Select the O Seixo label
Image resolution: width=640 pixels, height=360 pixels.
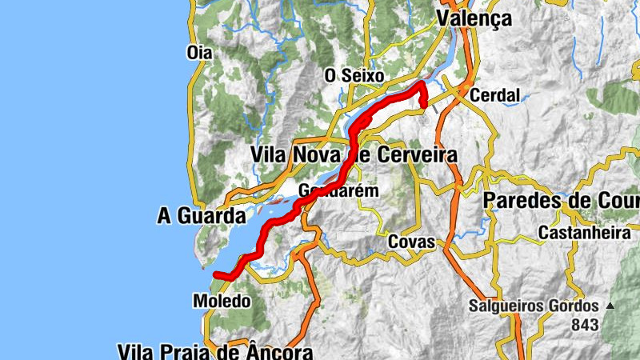click(x=354, y=76)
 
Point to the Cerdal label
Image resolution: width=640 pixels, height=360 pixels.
click(x=495, y=95)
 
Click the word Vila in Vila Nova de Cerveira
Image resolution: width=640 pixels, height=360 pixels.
click(x=270, y=154)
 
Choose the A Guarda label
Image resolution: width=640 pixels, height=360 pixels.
click(x=200, y=216)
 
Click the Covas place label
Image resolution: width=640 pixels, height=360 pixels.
click(x=411, y=242)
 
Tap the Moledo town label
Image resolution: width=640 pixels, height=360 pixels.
click(x=222, y=302)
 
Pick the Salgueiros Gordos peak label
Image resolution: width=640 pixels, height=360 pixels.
click(x=534, y=306)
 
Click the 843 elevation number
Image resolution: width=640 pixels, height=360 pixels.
click(x=586, y=326)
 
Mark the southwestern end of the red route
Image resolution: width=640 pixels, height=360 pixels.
click(x=215, y=274)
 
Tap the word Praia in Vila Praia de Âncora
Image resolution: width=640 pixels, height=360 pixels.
click(x=194, y=351)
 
